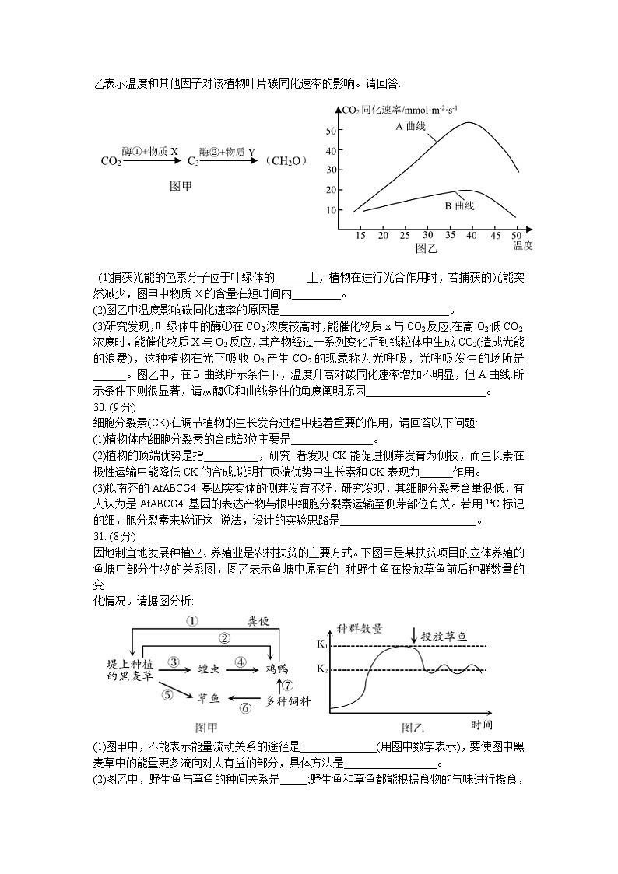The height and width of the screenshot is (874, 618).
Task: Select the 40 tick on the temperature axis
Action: click(x=472, y=235)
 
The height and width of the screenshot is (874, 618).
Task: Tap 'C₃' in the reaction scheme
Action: click(x=193, y=162)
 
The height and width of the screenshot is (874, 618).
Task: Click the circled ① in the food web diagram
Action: click(x=191, y=620)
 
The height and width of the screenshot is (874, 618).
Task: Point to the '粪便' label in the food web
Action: click(x=258, y=620)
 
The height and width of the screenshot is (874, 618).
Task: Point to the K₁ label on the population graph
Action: click(x=322, y=645)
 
